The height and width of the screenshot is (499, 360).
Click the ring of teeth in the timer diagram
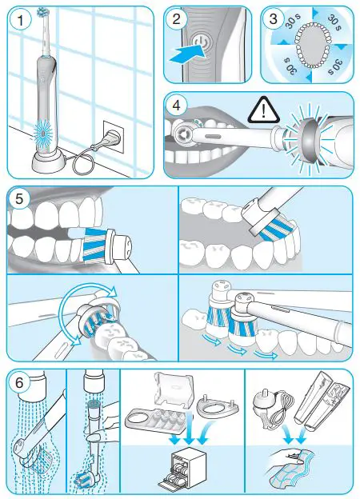coord(307,46)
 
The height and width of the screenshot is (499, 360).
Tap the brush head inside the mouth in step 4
coord(191,130)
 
